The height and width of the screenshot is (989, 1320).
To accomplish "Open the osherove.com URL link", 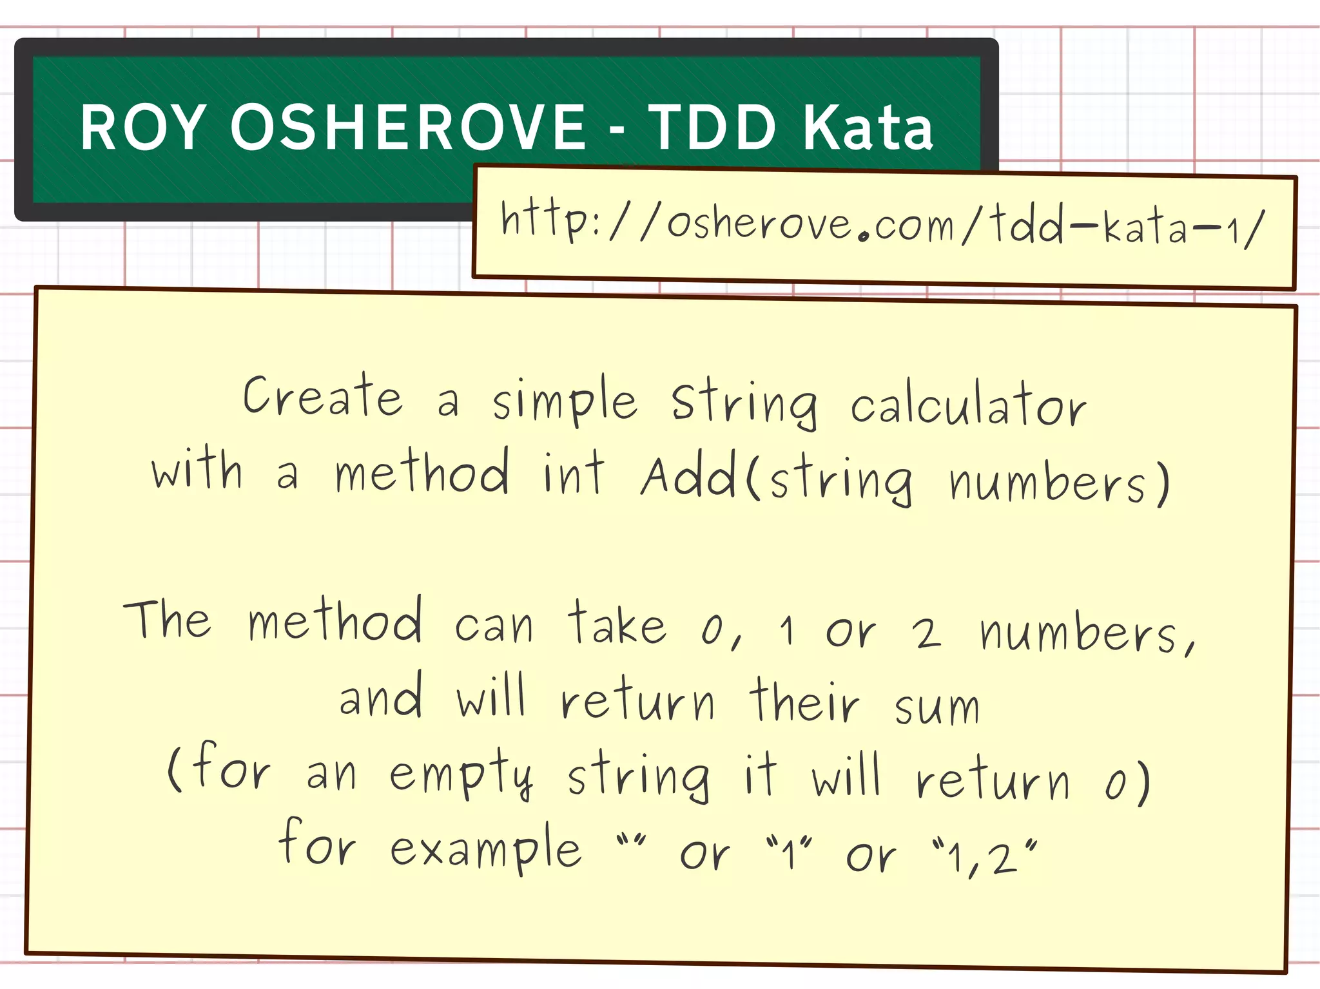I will point(882,225).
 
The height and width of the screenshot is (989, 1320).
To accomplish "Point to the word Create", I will point(322,396).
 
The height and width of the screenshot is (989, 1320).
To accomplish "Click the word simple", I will point(565,402).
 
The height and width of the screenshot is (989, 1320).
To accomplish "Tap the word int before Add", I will point(573,474).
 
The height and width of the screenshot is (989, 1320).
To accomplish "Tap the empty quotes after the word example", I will point(630,841).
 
